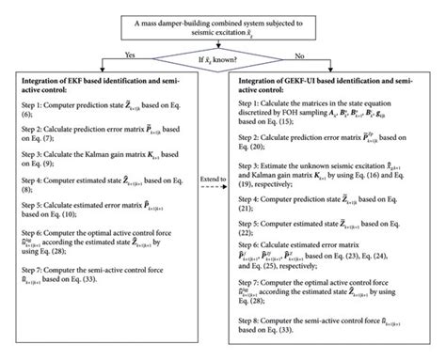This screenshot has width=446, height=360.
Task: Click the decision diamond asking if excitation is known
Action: coord(223,56)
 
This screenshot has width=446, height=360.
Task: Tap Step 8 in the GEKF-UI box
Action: coord(333,321)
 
